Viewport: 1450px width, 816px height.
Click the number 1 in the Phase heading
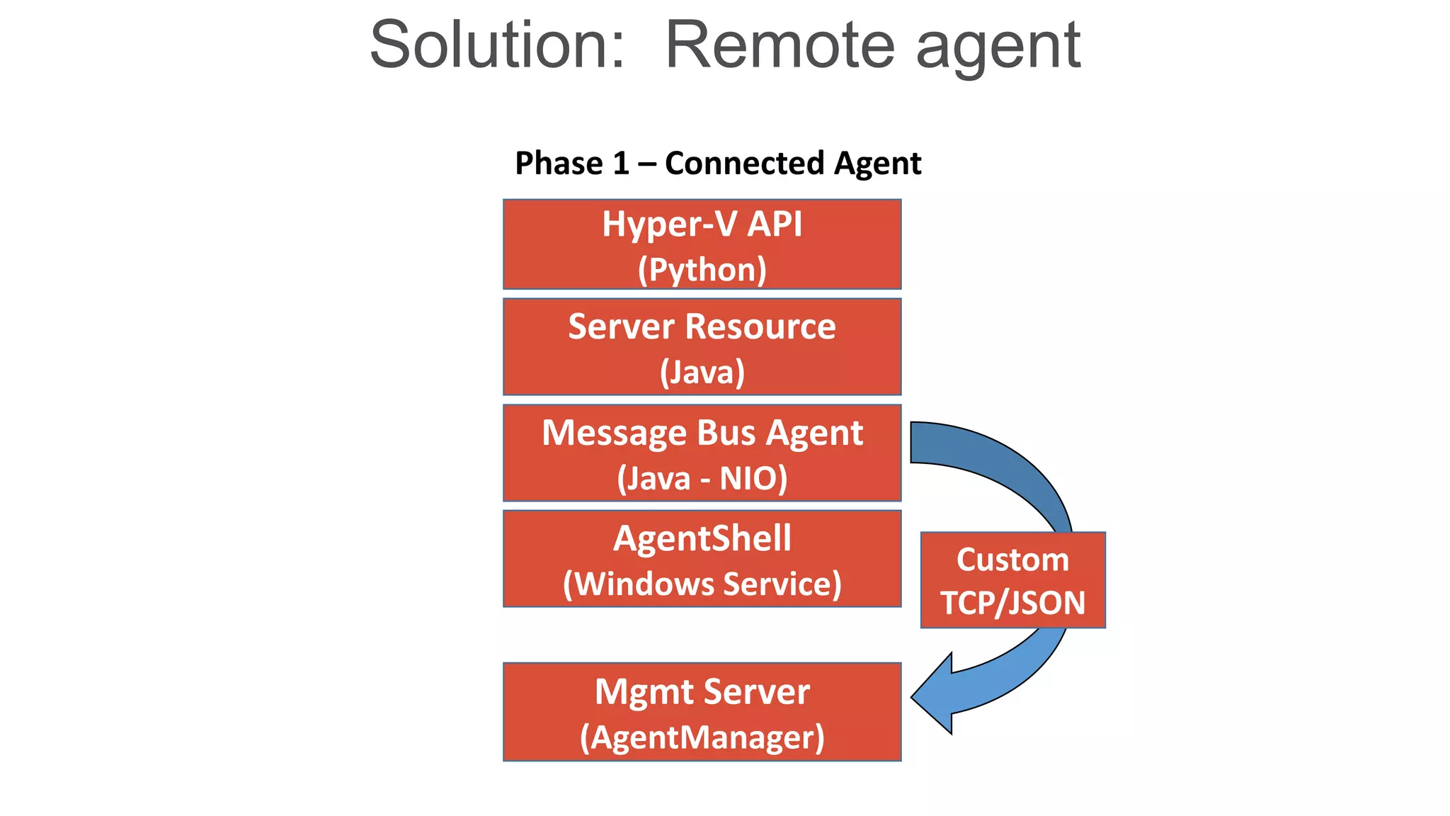pyautogui.click(x=620, y=164)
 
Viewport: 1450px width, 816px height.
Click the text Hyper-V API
pyautogui.click(x=702, y=225)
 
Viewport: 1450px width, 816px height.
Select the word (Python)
pyautogui.click(x=702, y=270)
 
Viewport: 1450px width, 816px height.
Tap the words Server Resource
pyautogui.click(x=702, y=327)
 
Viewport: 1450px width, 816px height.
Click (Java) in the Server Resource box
pyautogui.click(x=702, y=373)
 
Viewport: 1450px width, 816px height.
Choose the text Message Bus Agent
pyautogui.click(x=702, y=433)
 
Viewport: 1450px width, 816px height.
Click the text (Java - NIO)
pyautogui.click(x=702, y=479)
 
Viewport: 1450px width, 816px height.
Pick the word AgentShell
pyautogui.click(x=702, y=538)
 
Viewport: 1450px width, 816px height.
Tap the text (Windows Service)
pyautogui.click(x=702, y=584)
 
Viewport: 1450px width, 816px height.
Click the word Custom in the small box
pyautogui.click(x=1012, y=560)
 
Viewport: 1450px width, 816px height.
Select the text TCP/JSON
pyautogui.click(x=1012, y=603)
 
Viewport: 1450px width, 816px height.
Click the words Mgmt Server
pyautogui.click(x=702, y=692)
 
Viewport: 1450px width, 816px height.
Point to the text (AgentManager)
pyautogui.click(x=702, y=738)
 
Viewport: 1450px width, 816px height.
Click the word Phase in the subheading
pyautogui.click(x=559, y=164)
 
